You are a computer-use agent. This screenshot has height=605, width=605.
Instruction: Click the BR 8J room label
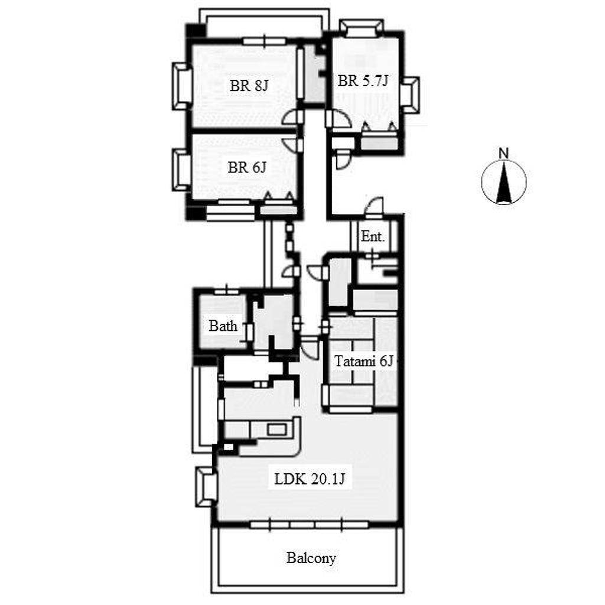click(x=249, y=86)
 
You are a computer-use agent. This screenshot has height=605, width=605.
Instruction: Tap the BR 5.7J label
click(x=363, y=81)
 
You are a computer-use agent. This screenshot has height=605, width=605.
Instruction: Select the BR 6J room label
click(x=247, y=167)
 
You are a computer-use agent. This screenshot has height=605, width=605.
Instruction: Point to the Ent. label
click(x=373, y=236)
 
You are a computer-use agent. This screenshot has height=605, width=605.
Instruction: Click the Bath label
click(x=223, y=326)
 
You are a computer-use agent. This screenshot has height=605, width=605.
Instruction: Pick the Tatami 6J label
click(x=363, y=362)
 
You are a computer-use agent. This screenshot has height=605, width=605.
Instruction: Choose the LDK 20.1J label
click(x=310, y=479)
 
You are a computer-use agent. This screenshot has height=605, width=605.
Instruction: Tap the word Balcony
click(x=311, y=558)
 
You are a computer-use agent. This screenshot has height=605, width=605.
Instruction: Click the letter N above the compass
click(x=503, y=153)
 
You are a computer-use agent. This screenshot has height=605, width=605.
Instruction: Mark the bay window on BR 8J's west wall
click(x=182, y=86)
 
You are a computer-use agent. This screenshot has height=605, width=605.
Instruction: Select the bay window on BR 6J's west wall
click(x=182, y=170)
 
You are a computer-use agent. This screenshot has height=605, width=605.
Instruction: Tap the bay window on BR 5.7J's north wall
click(x=362, y=28)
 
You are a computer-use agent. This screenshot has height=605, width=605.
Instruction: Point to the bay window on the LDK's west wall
click(x=205, y=487)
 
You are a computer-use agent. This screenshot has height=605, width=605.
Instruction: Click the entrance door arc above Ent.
click(x=373, y=204)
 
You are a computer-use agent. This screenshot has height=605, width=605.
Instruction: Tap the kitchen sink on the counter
click(x=278, y=429)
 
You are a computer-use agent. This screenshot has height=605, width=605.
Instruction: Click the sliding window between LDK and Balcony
click(x=309, y=525)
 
